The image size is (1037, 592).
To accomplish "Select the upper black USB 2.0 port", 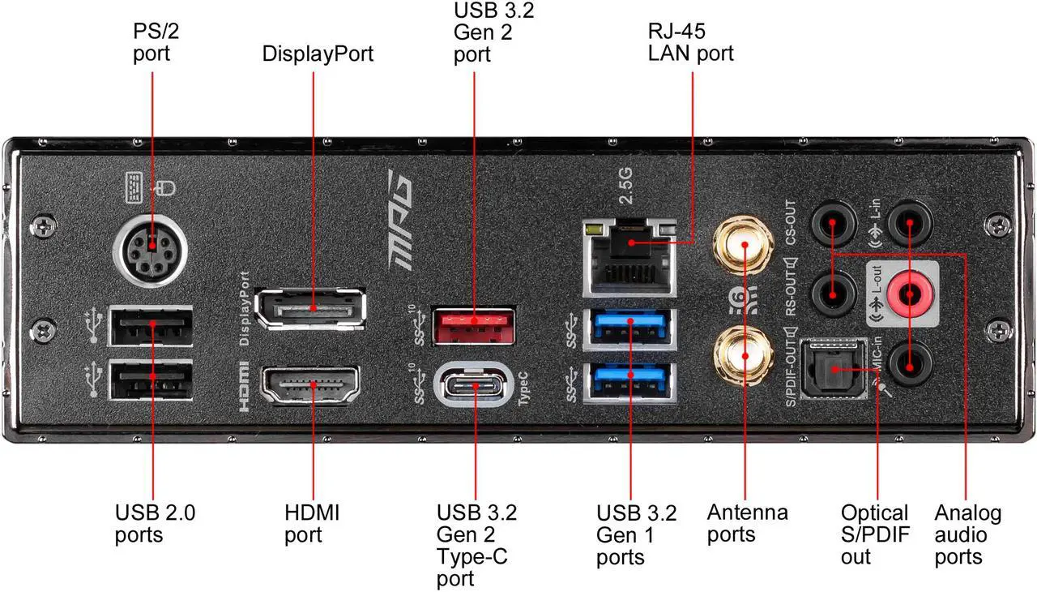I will pos(152,328).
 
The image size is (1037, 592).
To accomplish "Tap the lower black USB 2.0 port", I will pos(152,380).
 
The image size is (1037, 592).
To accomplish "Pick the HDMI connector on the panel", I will pos(310,387).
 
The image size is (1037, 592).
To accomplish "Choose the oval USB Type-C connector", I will pos(473,386).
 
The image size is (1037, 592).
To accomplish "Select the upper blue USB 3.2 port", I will pos(628,328).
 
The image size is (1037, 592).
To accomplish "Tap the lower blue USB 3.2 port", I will pos(628,381).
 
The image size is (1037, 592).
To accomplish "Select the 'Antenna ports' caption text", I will pos(747,523).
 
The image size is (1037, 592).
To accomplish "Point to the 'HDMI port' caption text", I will pos(312,523).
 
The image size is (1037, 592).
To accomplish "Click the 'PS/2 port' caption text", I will pos(152,41).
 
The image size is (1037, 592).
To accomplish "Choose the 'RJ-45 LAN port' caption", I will pos(690,42).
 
